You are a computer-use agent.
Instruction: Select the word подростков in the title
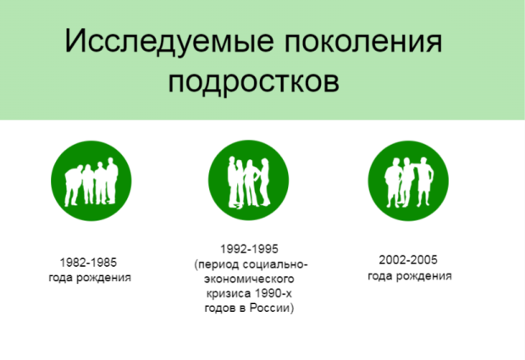click(x=254, y=82)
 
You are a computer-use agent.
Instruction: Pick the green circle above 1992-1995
click(x=249, y=180)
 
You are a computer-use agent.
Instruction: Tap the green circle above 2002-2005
click(x=408, y=180)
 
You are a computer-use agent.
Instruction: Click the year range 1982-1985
click(x=89, y=262)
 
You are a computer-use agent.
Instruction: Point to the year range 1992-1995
click(x=249, y=249)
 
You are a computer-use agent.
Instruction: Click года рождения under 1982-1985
click(x=89, y=277)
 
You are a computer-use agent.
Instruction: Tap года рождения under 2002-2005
click(x=409, y=276)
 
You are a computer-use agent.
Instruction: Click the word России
click(x=272, y=308)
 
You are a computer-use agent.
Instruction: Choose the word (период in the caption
click(x=214, y=264)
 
